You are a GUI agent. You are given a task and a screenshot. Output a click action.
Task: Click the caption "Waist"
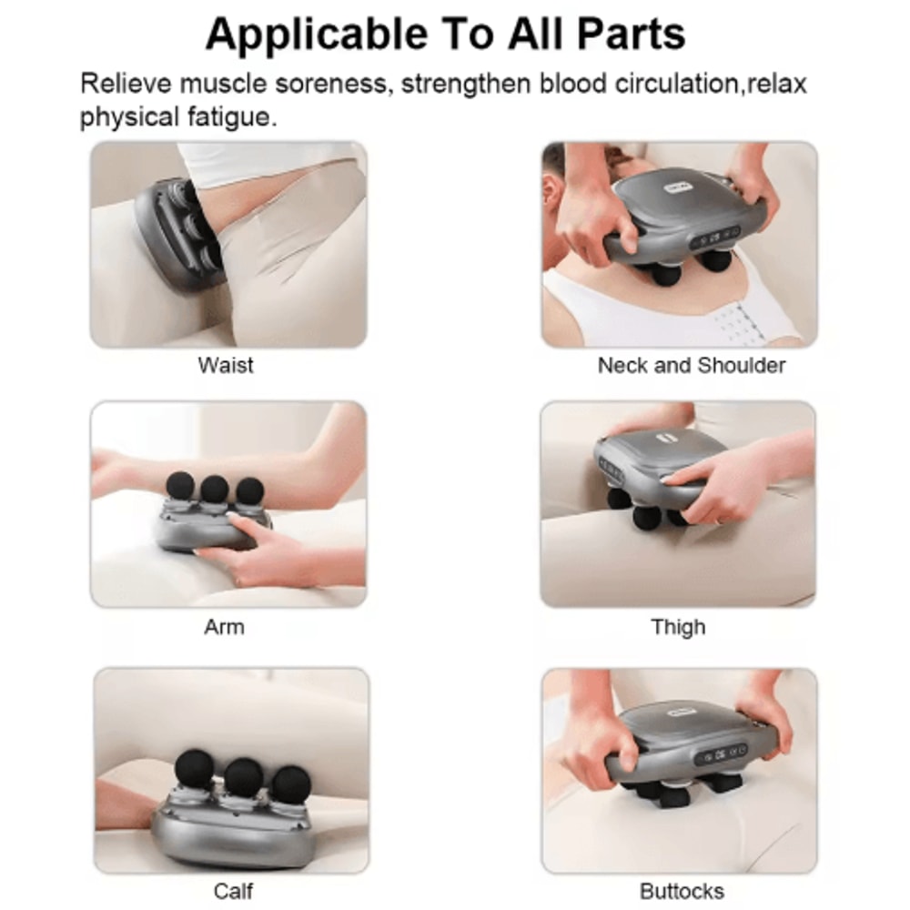[x=226, y=366]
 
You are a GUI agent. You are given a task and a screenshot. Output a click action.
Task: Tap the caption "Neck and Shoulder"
[x=691, y=366]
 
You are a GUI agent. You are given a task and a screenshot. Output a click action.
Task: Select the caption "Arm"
[x=224, y=627]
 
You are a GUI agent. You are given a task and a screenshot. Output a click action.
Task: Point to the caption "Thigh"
[x=678, y=627]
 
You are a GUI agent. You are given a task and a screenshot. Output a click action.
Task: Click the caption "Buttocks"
[x=682, y=891]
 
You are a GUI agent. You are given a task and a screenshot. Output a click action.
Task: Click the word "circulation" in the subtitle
[x=656, y=85]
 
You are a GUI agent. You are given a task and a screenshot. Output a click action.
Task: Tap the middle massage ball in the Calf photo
[x=244, y=776]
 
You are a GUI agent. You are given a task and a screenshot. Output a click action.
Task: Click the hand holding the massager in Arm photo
[x=264, y=546]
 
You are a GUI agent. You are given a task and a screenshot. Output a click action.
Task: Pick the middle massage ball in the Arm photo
[x=215, y=489]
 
